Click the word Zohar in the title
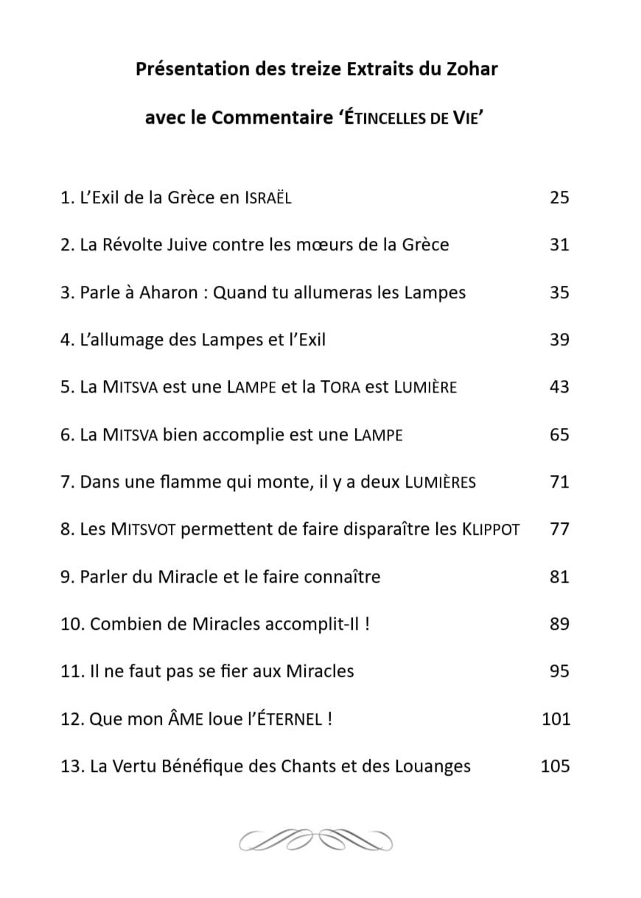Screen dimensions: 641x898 pyautogui.click(x=471, y=70)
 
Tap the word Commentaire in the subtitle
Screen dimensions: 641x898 pyautogui.click(x=272, y=119)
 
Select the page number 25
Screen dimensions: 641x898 pyautogui.click(x=559, y=197)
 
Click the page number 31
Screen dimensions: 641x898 pyautogui.click(x=559, y=245)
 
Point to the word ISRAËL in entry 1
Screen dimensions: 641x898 pyautogui.click(x=267, y=198)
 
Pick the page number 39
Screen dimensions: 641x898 pyautogui.click(x=559, y=340)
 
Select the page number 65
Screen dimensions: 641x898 pyautogui.click(x=559, y=435)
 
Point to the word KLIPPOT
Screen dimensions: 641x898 pyautogui.click(x=491, y=530)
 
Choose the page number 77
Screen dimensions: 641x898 pyautogui.click(x=559, y=529)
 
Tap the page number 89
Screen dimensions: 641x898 pyautogui.click(x=559, y=624)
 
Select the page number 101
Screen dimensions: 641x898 pyautogui.click(x=556, y=719)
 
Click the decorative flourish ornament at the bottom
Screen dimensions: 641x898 pyautogui.click(x=317, y=839)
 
